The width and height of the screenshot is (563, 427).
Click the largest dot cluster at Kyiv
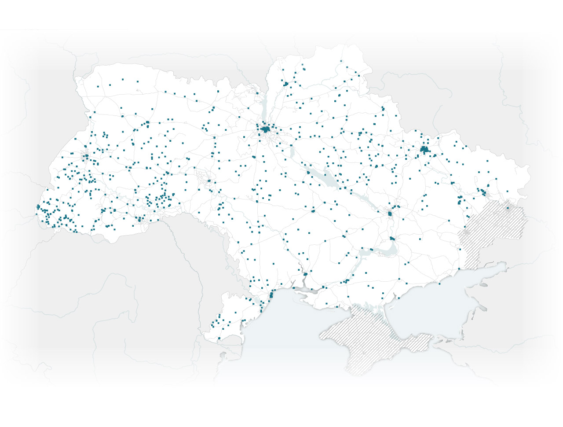click(x=266, y=129)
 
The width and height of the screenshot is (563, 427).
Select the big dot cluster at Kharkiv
click(x=424, y=150)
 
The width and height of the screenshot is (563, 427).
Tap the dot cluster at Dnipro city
click(x=390, y=214)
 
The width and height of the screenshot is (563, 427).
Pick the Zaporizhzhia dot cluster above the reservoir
click(x=392, y=239)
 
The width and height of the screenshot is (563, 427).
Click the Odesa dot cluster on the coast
click(x=271, y=294)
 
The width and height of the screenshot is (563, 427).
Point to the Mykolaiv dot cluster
click(x=305, y=274)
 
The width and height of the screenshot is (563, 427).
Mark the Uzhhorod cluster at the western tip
click(x=38, y=206)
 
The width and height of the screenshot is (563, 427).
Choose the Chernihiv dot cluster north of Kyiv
click(x=286, y=83)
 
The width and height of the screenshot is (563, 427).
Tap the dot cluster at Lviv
click(x=86, y=155)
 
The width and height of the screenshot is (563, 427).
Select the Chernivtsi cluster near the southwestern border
click(x=139, y=219)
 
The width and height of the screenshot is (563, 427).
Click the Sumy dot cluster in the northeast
click(x=383, y=108)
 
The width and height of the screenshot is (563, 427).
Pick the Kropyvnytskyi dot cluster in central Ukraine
click(x=314, y=211)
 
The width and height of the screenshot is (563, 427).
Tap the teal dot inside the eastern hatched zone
click(x=508, y=208)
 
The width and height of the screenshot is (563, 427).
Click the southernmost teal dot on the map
click(x=219, y=338)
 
